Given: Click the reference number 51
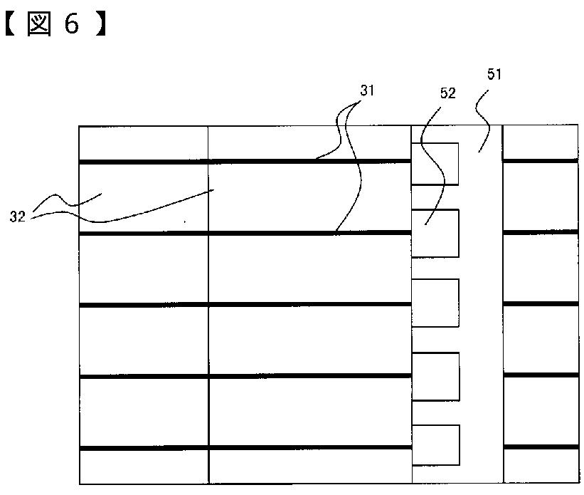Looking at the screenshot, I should pos(494,75).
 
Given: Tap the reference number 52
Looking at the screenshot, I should pos(447,93).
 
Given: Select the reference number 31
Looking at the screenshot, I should pos(367,90).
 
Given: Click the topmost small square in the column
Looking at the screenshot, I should pos(435,164).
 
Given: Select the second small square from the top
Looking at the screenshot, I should pos(435,233).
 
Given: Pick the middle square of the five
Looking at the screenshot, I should pos(435,303).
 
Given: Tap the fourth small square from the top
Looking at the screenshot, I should pos(435,376).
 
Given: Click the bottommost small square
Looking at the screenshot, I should pos(435,445).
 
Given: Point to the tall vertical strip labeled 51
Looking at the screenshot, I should pos(481,321).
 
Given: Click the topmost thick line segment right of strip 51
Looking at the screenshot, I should pos(540,161).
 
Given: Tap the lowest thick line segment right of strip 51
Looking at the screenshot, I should pos(540,447).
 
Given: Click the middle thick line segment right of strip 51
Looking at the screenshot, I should pos(540,304).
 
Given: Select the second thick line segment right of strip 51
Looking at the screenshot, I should pos(540,232).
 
